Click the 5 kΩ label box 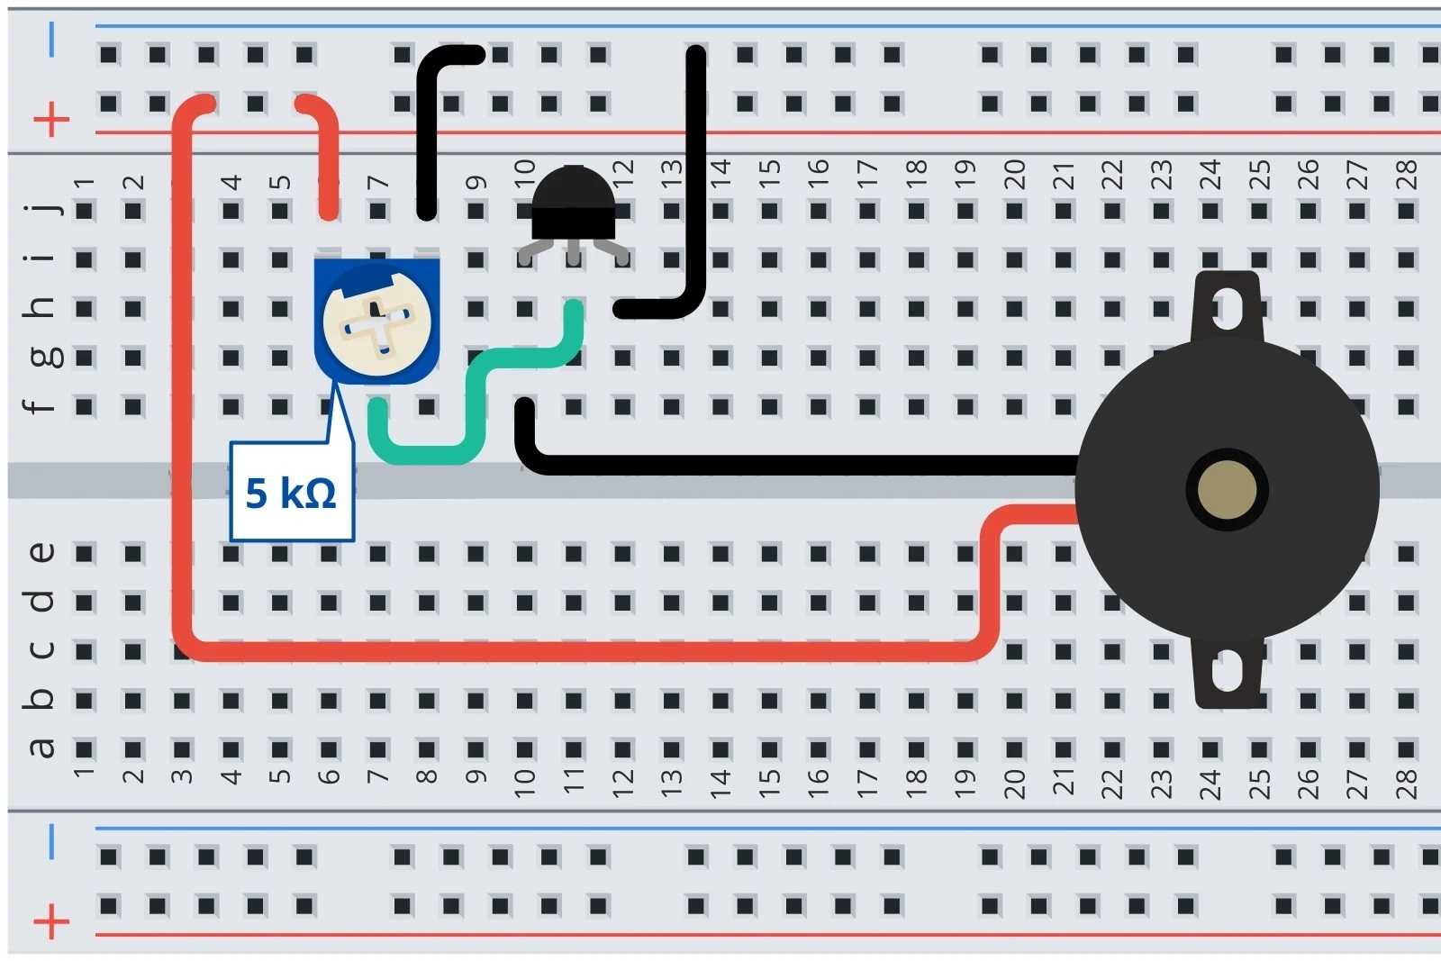[x=291, y=492]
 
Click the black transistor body [x=574, y=204]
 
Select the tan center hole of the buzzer [x=1227, y=490]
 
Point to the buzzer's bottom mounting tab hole [x=1227, y=671]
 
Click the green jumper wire [x=477, y=387]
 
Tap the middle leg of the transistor [x=574, y=254]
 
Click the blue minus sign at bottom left [x=51, y=841]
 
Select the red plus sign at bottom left [x=51, y=921]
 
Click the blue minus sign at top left [x=51, y=40]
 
